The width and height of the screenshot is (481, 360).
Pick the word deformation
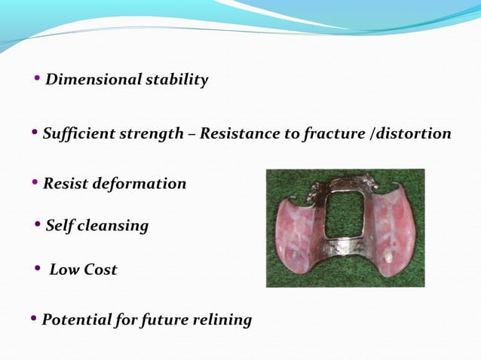[x=141, y=184]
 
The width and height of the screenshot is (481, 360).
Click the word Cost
[x=100, y=270]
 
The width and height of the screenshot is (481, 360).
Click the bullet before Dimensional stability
[x=38, y=79]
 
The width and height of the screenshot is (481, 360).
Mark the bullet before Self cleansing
[x=38, y=224]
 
